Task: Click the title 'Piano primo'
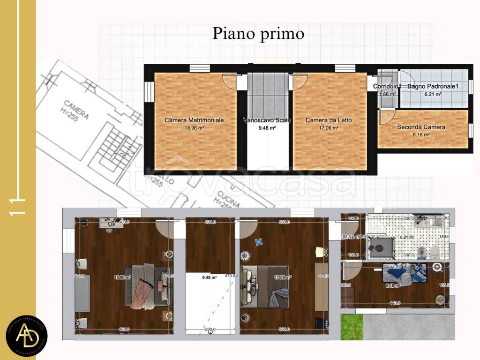(258, 34)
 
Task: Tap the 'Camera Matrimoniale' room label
(194, 120)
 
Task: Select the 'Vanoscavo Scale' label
(267, 120)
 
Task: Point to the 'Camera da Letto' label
(329, 120)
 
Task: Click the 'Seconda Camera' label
(421, 127)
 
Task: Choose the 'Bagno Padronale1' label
(432, 86)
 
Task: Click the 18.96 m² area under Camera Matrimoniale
(194, 127)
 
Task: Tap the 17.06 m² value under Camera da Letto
(329, 127)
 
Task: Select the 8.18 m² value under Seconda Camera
(421, 135)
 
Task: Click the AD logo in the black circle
(27, 334)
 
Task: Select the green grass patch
(352, 327)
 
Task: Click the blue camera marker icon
(258, 242)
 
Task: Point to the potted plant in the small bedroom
(441, 298)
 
